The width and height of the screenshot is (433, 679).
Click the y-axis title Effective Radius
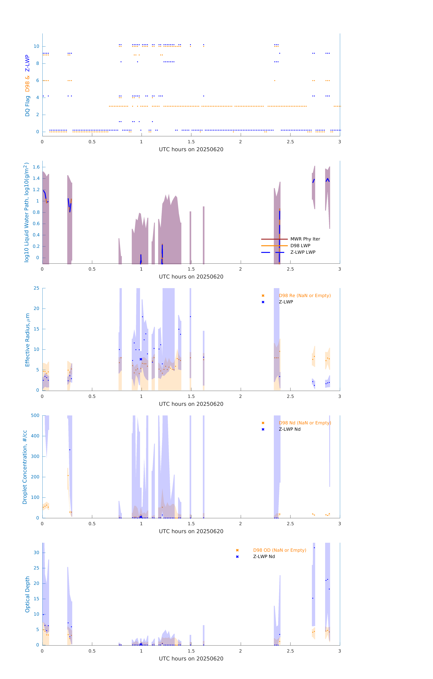(x=27, y=340)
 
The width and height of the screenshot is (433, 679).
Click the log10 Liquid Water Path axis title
(x=26, y=212)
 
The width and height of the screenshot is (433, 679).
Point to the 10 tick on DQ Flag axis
(x=36, y=46)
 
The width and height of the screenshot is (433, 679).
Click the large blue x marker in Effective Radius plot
(x=141, y=359)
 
